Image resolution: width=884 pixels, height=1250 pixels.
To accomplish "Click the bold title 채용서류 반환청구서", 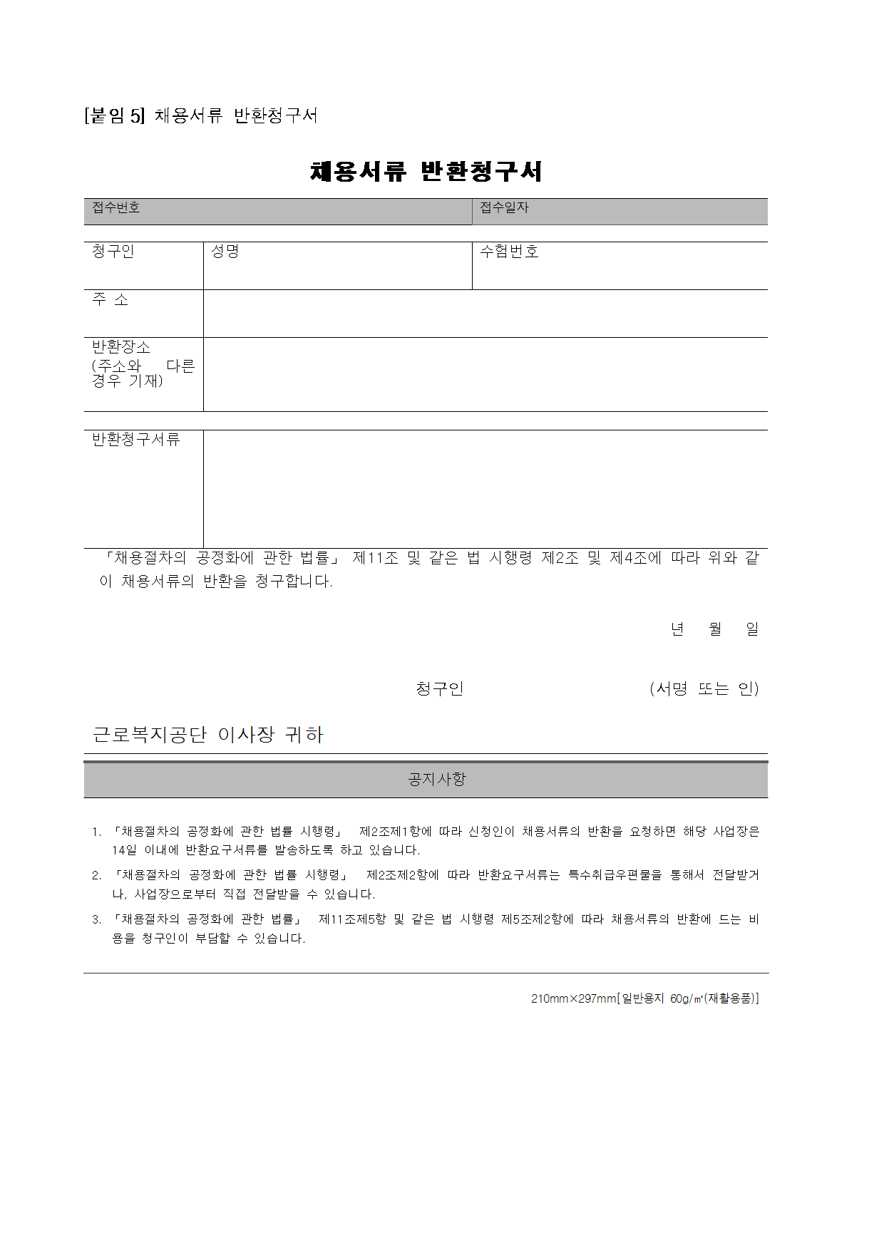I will (x=426, y=171).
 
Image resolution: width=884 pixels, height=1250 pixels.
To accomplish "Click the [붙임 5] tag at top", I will (x=114, y=115).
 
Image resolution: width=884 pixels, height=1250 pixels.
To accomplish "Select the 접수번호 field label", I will (x=115, y=207).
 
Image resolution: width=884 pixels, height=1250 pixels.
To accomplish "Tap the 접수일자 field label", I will (x=504, y=207).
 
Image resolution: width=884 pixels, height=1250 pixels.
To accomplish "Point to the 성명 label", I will (x=225, y=252).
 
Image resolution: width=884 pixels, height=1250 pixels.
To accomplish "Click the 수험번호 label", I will (x=509, y=252).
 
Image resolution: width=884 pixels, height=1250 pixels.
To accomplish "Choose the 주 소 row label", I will (x=110, y=300).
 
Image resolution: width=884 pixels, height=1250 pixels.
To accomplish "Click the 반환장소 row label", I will (x=121, y=347).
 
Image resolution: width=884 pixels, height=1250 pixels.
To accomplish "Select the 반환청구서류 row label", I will (x=136, y=440).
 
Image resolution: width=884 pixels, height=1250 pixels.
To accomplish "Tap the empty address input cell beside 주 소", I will (x=485, y=314).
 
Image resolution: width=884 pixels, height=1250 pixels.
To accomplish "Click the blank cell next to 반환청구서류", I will (x=485, y=489).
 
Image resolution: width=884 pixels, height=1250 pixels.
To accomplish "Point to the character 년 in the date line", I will (x=677, y=629).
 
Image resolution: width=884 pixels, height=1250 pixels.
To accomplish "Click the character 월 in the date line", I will (x=715, y=629).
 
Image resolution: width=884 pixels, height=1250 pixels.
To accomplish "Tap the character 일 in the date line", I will (x=752, y=629).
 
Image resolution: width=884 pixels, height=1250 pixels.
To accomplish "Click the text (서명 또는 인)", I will (x=704, y=689).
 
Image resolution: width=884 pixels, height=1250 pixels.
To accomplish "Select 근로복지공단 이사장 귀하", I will (x=208, y=735).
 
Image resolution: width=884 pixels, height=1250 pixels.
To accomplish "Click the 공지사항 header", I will (x=436, y=780).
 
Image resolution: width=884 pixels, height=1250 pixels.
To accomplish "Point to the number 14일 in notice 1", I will (x=124, y=850).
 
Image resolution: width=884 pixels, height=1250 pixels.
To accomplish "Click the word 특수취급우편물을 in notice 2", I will (x=615, y=875).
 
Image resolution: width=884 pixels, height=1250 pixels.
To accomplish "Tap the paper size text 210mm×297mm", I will (x=573, y=999).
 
